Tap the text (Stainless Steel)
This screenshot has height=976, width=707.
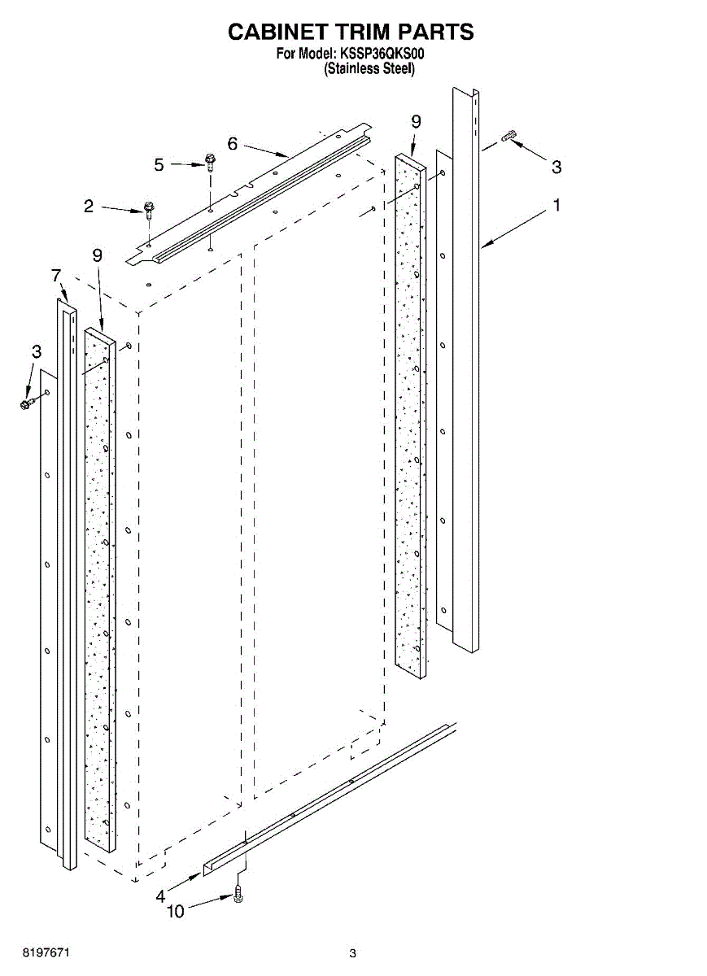(370, 69)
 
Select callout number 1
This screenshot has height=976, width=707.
(556, 206)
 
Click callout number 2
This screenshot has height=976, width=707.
(89, 207)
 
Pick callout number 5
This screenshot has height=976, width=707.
(159, 165)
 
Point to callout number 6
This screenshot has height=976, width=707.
(233, 144)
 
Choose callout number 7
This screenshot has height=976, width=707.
(56, 276)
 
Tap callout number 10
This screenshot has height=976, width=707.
(175, 912)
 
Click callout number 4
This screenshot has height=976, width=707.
(160, 895)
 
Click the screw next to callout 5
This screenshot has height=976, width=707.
(209, 162)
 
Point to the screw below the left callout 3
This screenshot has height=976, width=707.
(26, 403)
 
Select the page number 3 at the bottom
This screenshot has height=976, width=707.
(352, 953)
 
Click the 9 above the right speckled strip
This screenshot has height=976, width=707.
(416, 122)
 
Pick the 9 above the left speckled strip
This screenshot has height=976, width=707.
(98, 255)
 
